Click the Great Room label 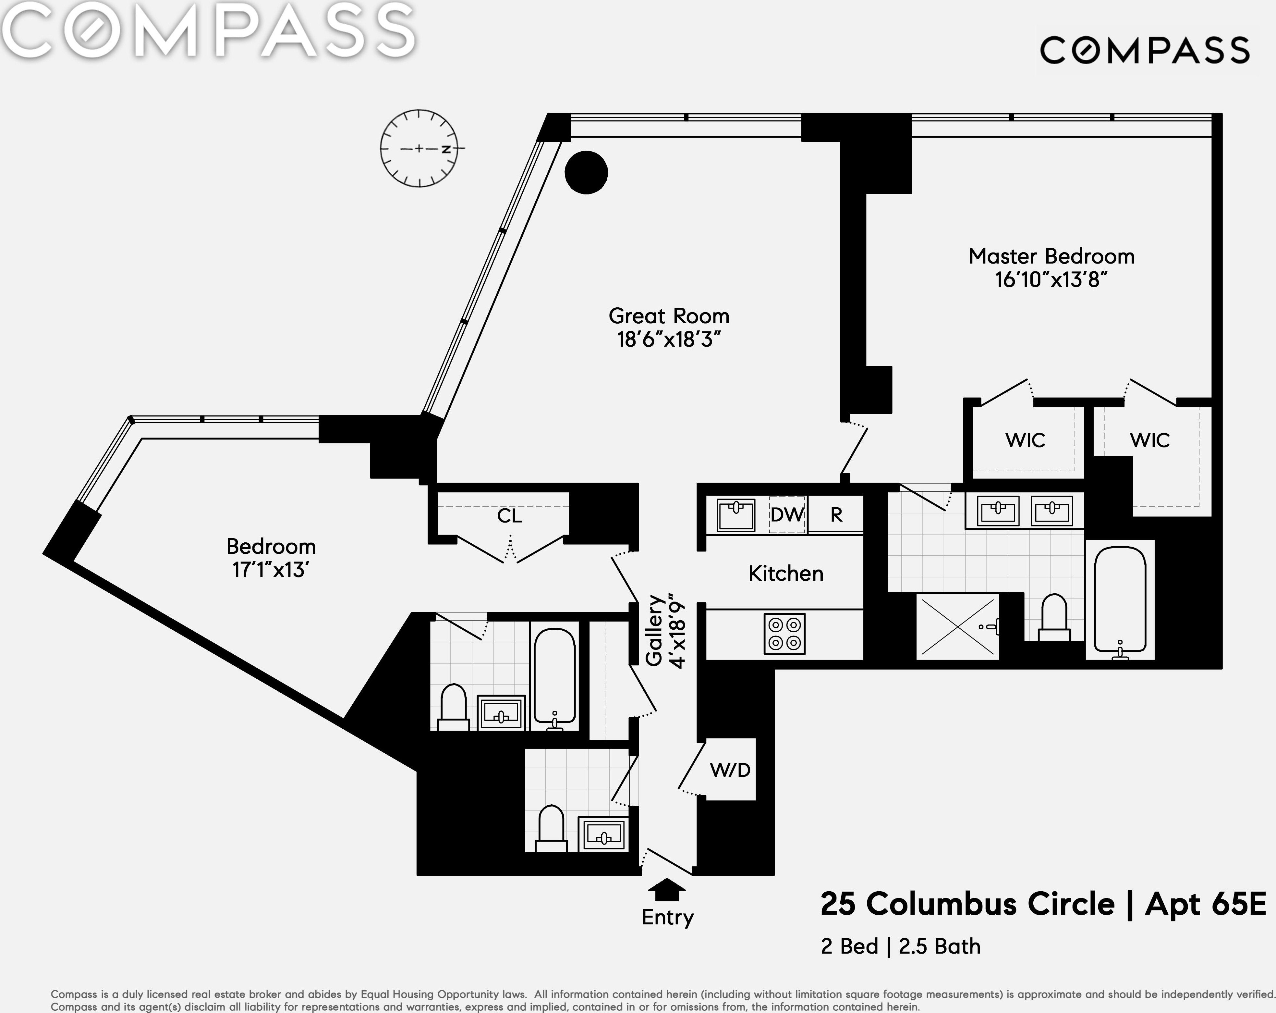669,316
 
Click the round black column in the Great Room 586,172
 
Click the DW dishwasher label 786,514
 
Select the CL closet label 510,516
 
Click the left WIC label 1025,440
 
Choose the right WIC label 1149,440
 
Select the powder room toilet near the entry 551,827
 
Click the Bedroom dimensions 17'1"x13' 271,570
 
